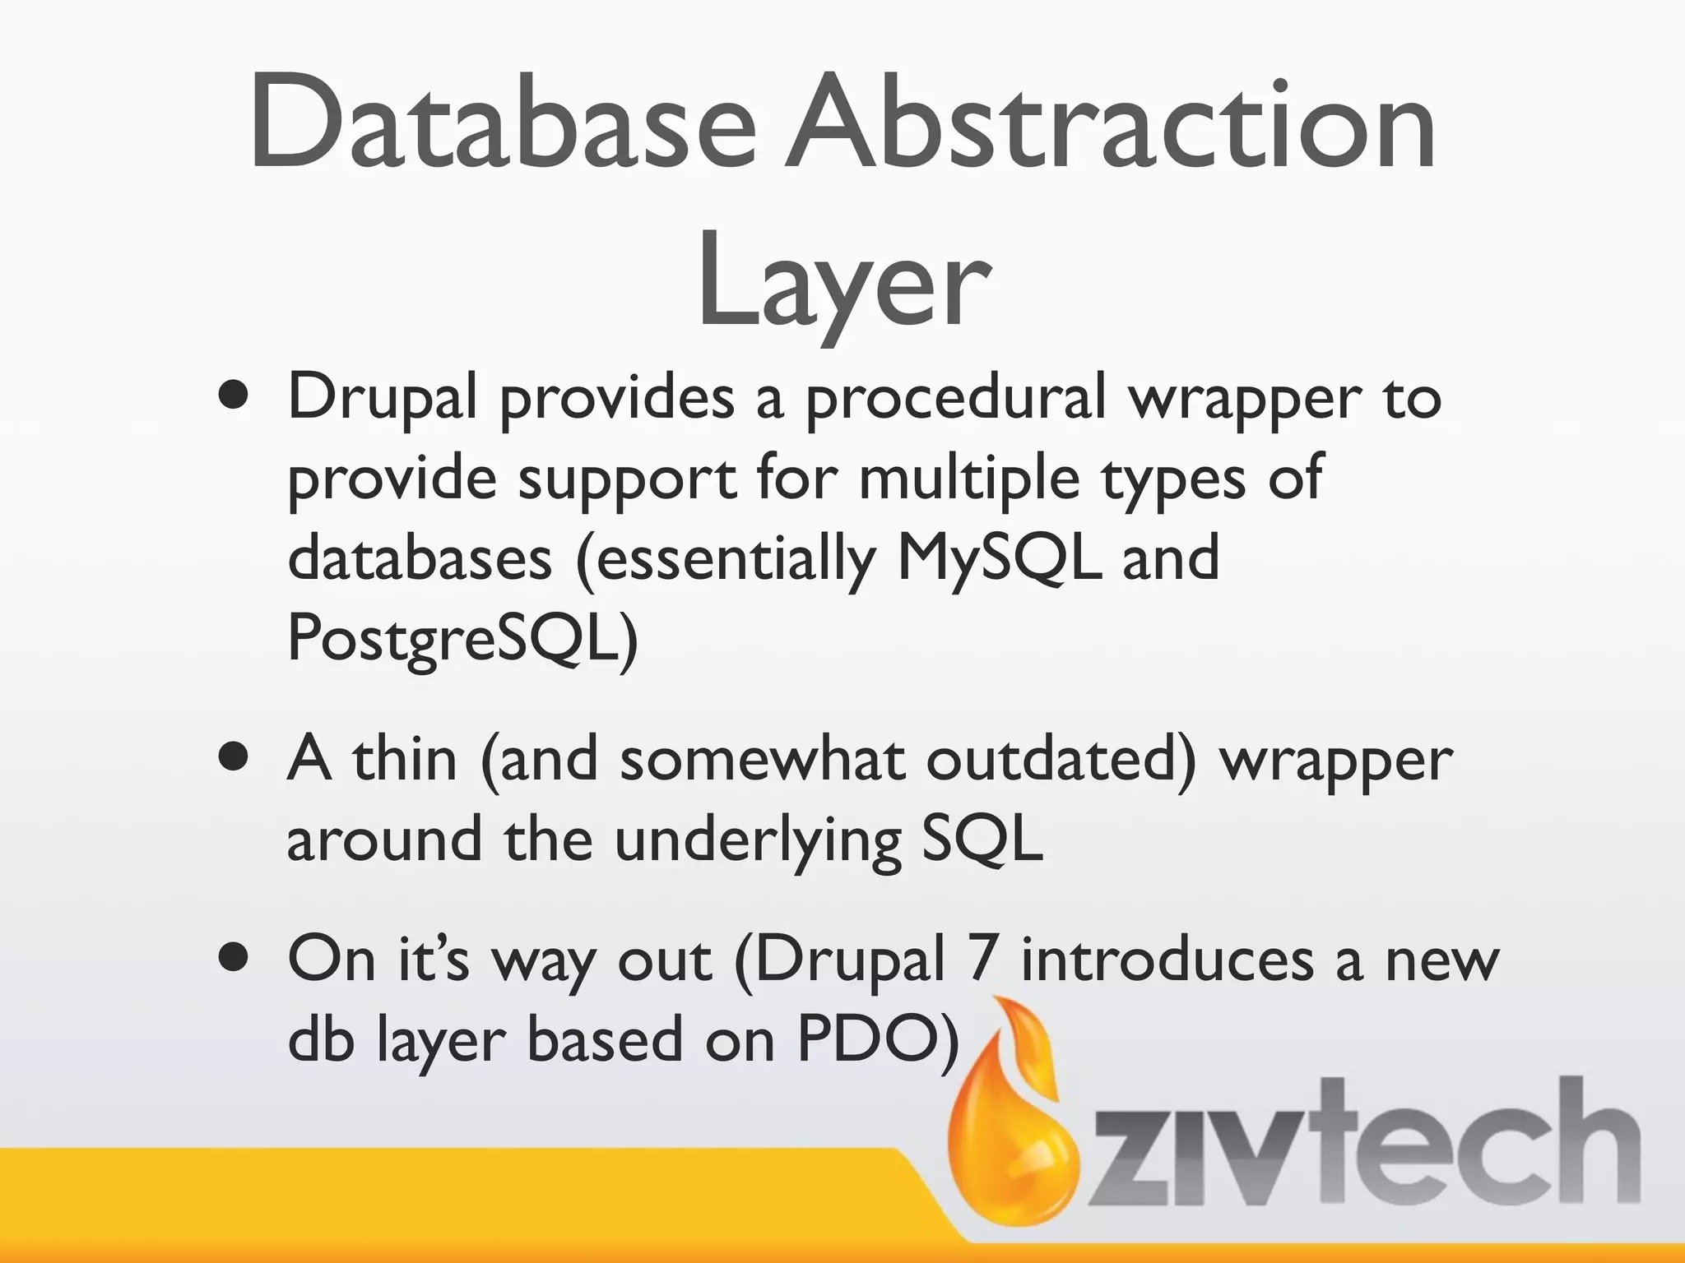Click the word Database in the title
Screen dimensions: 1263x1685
[x=502, y=123]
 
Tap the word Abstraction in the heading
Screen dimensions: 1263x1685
[x=1111, y=123]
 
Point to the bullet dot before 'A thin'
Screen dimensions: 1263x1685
[x=234, y=757]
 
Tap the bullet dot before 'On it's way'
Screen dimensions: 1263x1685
[x=234, y=959]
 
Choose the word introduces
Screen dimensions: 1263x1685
[x=1167, y=960]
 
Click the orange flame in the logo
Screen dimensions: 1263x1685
[x=1013, y=1135]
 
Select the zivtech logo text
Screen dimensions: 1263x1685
[x=1366, y=1151]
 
